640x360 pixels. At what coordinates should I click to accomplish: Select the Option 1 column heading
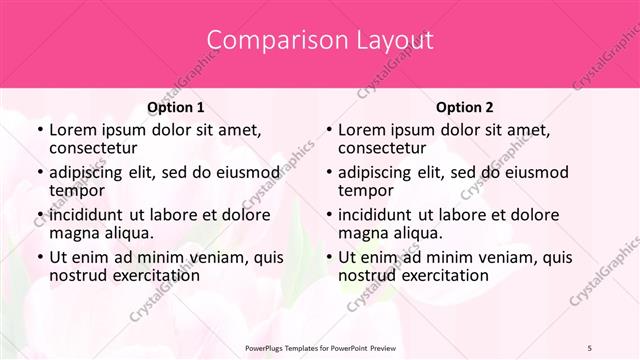click(175, 107)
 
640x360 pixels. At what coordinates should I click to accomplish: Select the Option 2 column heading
click(464, 107)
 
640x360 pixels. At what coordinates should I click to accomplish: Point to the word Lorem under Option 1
click(73, 130)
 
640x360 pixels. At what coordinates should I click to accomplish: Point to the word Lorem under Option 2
click(362, 130)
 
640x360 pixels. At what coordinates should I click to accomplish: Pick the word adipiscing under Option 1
click(91, 173)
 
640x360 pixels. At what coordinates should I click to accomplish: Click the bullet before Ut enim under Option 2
click(328, 258)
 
